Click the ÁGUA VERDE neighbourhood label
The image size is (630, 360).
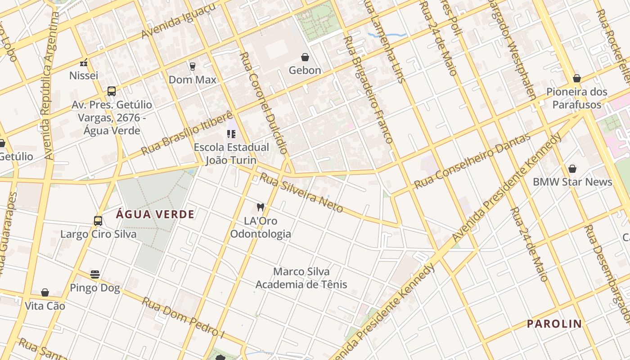(x=155, y=214)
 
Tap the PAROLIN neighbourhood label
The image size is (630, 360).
(x=554, y=324)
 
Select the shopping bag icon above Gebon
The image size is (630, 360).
(x=305, y=57)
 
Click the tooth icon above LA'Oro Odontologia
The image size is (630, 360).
(x=260, y=207)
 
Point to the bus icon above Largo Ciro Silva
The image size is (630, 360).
(x=98, y=221)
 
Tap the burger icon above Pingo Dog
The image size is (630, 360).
(x=95, y=274)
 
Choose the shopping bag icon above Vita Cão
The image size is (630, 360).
(x=45, y=293)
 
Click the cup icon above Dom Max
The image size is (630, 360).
(x=193, y=66)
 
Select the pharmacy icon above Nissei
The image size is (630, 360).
(x=84, y=62)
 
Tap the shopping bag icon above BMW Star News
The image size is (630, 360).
(x=572, y=169)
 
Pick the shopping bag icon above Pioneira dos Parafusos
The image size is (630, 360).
(x=577, y=79)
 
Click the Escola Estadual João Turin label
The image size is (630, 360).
(x=231, y=153)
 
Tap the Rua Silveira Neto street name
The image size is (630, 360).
(x=301, y=193)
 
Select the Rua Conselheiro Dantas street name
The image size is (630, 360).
(x=472, y=161)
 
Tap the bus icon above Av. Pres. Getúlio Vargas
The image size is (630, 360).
(x=112, y=91)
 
